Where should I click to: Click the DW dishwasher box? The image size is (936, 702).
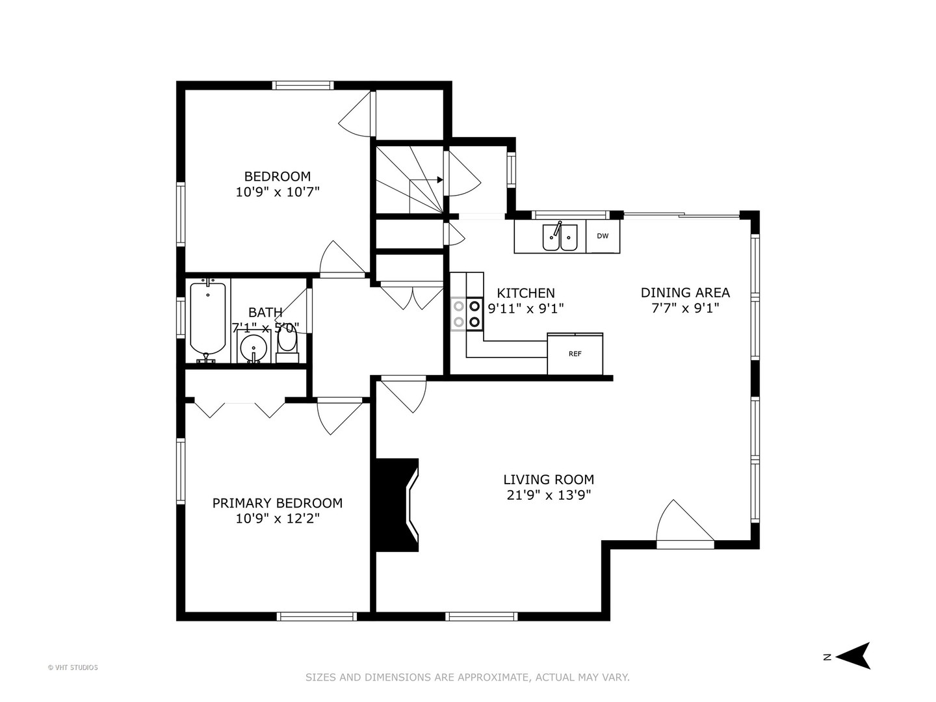[603, 236]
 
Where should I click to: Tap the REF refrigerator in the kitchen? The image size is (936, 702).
[575, 354]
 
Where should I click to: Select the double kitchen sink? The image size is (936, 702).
[560, 237]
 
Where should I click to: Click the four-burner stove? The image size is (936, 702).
[467, 313]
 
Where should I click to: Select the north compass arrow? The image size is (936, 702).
[853, 656]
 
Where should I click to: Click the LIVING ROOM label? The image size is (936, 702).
[549, 480]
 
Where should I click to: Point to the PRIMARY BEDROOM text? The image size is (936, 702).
[277, 503]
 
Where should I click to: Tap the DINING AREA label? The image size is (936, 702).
[685, 292]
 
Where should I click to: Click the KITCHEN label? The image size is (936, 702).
[526, 293]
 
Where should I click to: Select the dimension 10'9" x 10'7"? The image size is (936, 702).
[278, 192]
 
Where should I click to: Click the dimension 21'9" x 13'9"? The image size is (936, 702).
[549, 495]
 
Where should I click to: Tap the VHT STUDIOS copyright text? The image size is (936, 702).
[73, 668]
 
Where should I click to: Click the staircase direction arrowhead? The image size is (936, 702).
[440, 180]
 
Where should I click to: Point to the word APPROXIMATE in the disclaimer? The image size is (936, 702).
[494, 677]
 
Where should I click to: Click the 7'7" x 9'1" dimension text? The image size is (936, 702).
[685, 308]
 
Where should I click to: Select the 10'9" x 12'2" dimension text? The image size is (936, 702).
[278, 519]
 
